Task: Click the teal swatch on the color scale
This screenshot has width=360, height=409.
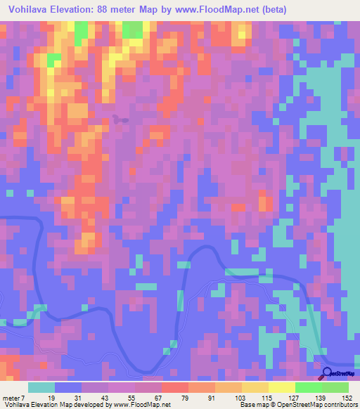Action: pos(41,388)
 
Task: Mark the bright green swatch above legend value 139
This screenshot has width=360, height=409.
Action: pos(308,388)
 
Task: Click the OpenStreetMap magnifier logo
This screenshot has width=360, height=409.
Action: pos(327,373)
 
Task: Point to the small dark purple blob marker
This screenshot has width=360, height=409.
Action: pos(121,119)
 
